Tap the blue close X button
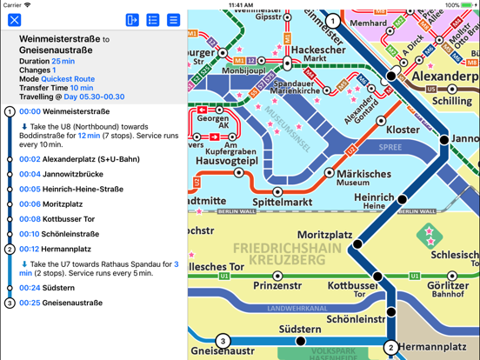15,19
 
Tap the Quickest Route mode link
68,79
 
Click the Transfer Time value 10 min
82,88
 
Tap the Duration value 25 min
63,62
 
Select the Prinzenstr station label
277,286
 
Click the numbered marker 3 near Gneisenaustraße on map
223,341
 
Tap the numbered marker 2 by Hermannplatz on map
391,347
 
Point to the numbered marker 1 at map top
332,21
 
